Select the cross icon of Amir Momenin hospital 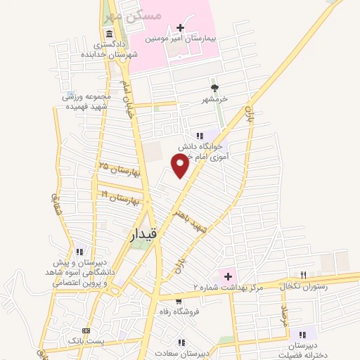coord(181,28)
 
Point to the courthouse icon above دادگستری coord(109,34)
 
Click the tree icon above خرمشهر coord(214,88)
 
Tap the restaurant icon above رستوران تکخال coord(303,275)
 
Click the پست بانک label coord(86,341)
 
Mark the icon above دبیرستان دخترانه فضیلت coord(302,335)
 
